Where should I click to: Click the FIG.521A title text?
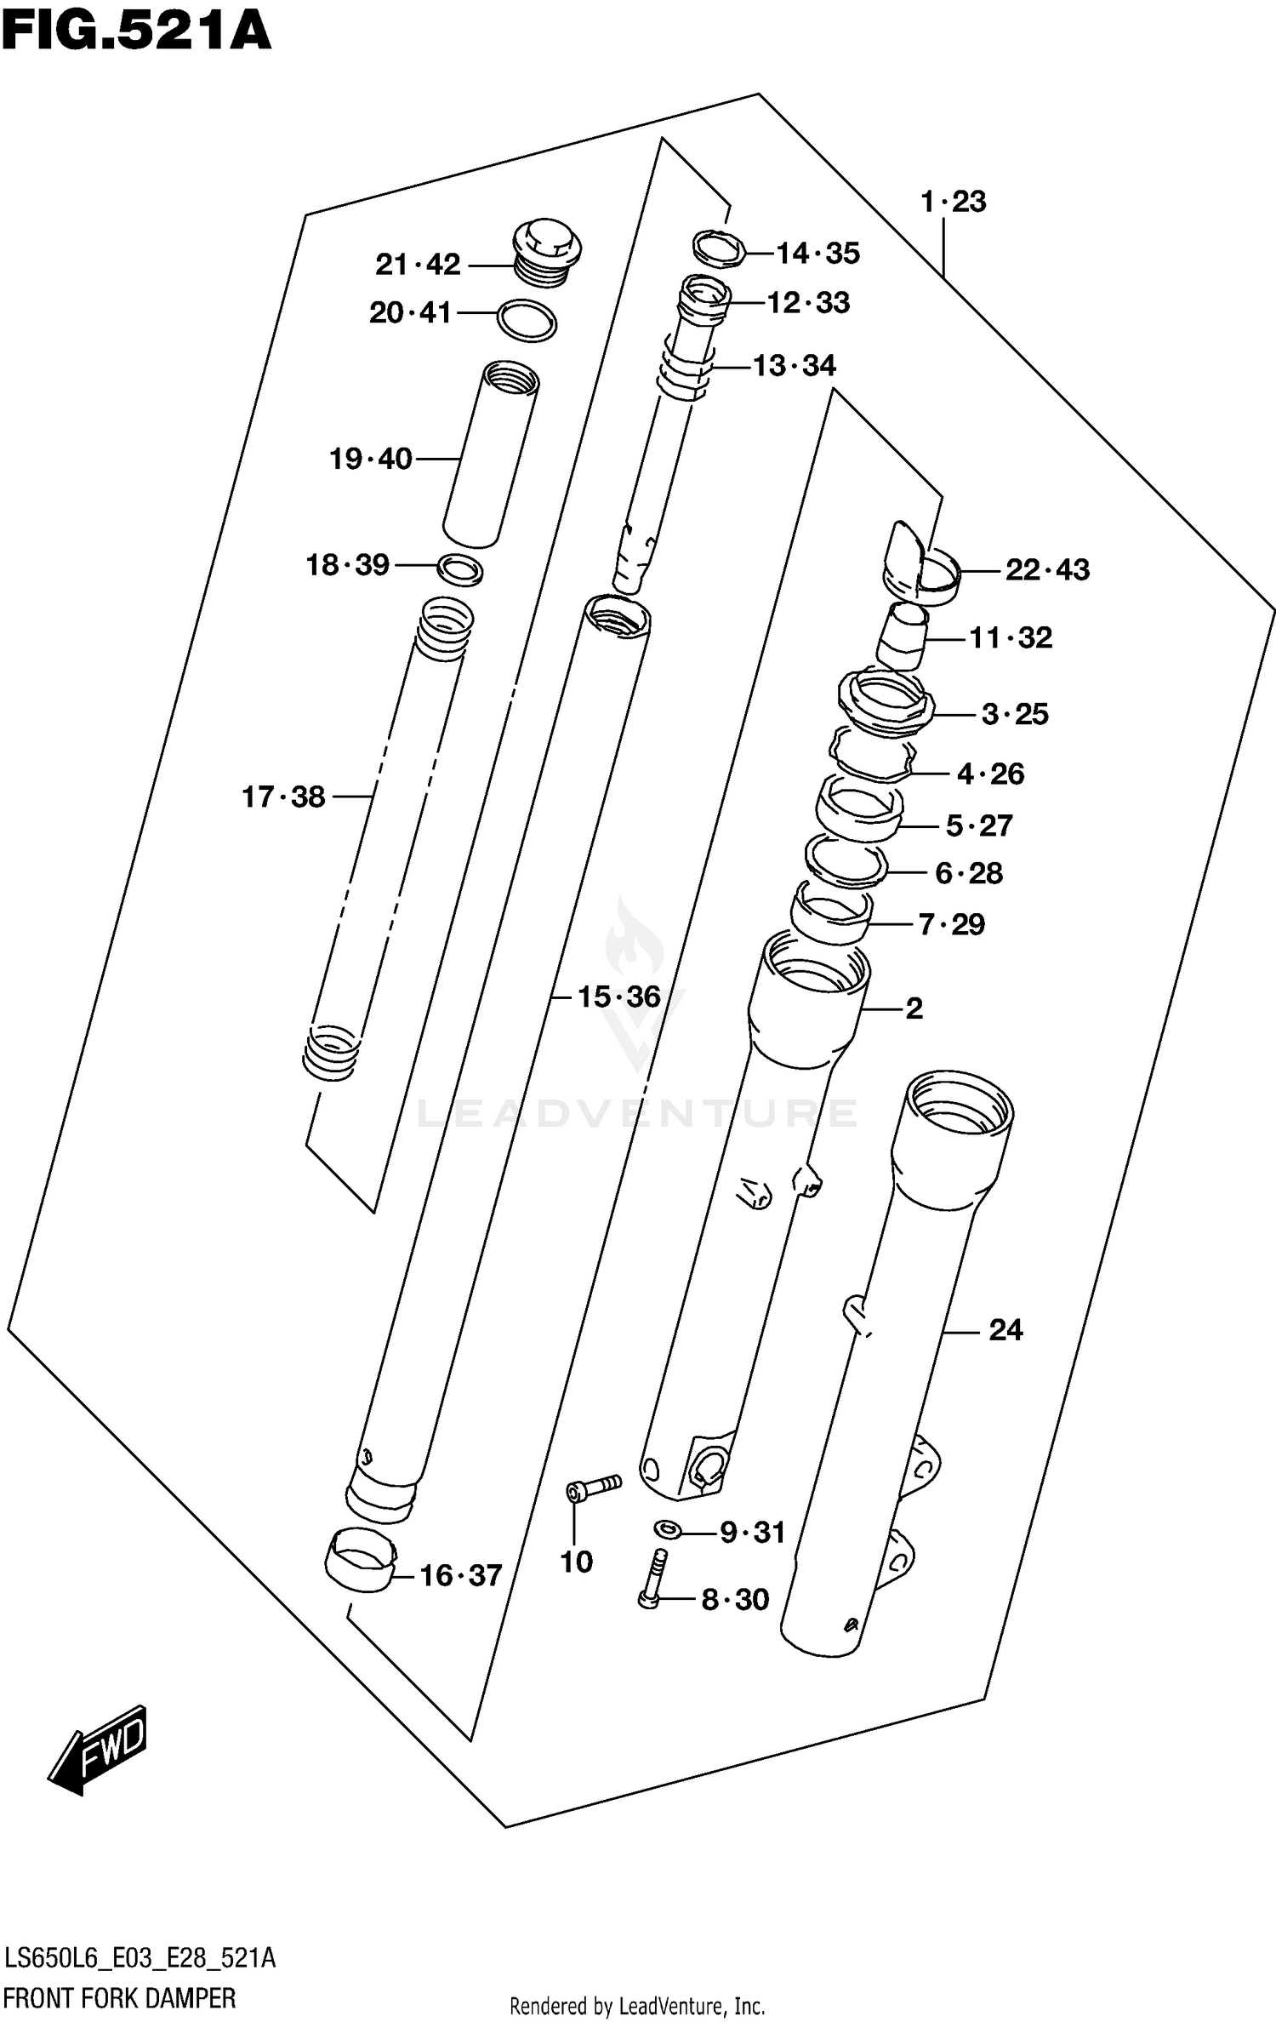136,31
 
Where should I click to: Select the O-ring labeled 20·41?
527,321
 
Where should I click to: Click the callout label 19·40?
370,460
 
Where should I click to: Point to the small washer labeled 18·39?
460,569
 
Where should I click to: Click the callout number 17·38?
283,797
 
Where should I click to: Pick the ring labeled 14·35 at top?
720,248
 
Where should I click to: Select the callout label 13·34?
795,366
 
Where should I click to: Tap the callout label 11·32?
1011,637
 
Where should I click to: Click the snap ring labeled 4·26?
873,754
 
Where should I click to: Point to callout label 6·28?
969,873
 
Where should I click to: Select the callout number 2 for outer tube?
914,1008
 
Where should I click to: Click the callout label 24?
1005,1330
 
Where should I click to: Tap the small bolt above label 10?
592,1487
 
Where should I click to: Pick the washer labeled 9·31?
667,1530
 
